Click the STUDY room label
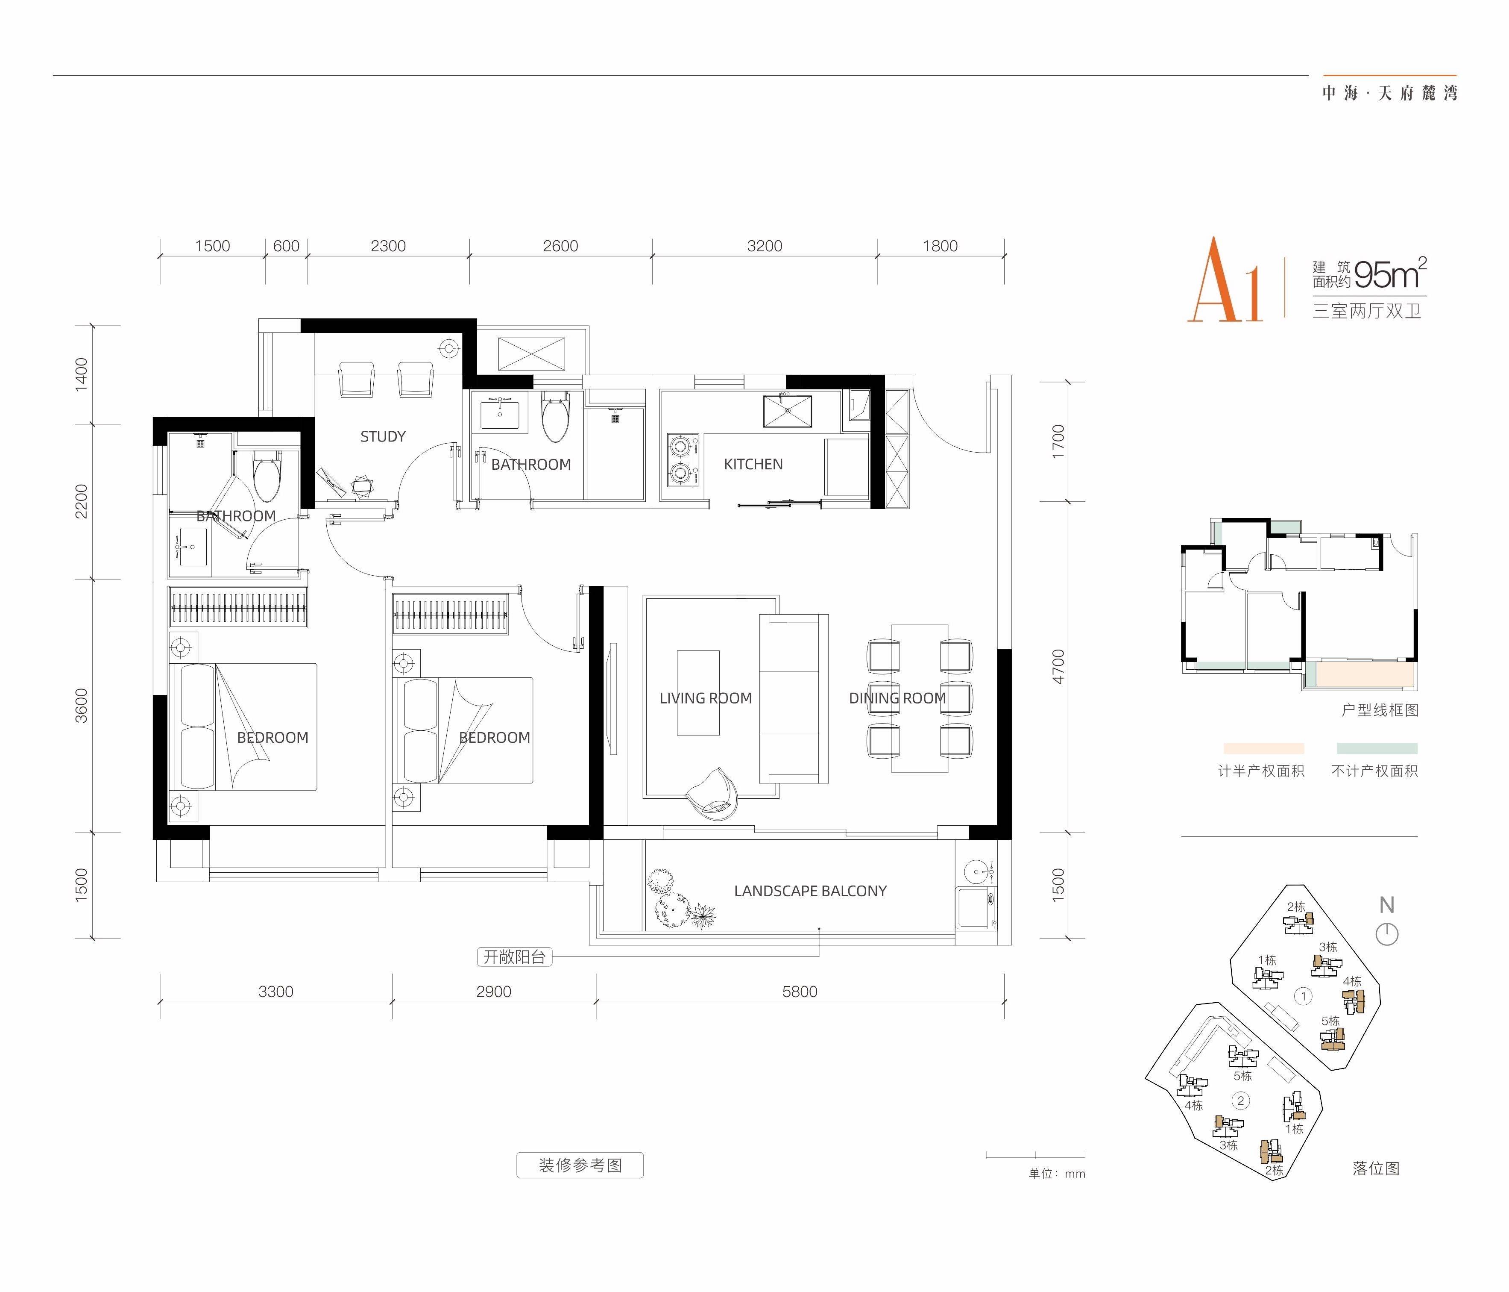point(383,436)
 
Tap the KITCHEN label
point(753,464)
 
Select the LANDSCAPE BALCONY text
point(811,891)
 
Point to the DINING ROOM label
point(897,698)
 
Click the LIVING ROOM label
point(706,698)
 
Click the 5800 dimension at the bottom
point(800,992)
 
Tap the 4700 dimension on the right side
point(1058,667)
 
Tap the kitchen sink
point(787,412)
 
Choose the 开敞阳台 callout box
point(514,957)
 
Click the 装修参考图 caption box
point(580,1165)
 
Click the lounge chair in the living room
point(712,793)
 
